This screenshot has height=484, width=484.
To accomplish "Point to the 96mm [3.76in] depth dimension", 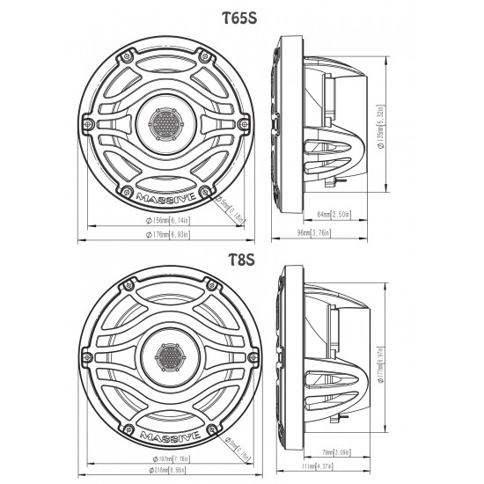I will coord(316,233).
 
